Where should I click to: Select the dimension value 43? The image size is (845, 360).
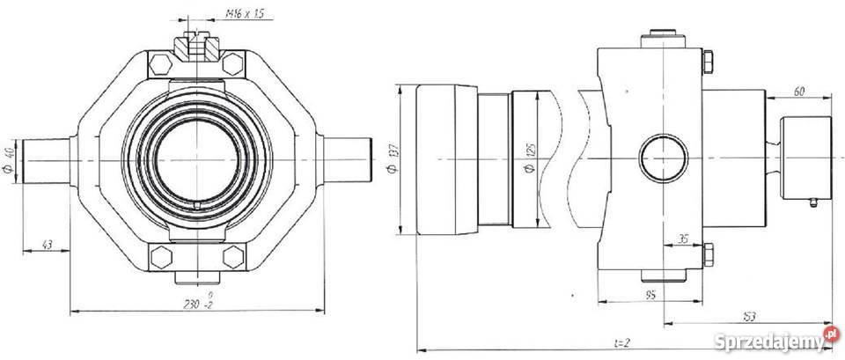point(48,244)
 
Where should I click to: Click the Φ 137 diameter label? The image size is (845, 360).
point(391,159)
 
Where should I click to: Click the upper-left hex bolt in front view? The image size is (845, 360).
point(158,65)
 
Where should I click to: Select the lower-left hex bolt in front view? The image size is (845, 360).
point(158,257)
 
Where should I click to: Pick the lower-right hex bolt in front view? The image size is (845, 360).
point(232,257)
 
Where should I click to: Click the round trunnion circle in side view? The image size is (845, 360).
point(660,159)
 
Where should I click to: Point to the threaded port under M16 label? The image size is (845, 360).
point(195,48)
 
